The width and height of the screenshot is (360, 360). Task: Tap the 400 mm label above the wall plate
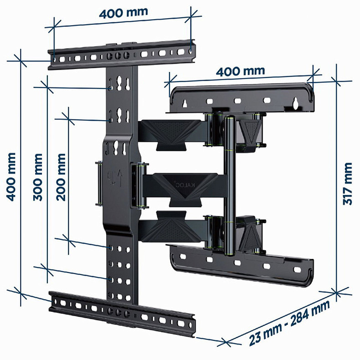point(240,72)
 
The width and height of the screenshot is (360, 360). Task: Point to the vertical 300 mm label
point(38,176)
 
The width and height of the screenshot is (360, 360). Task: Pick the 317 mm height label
point(347,184)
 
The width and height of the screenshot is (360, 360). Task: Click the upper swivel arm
point(171,132)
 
